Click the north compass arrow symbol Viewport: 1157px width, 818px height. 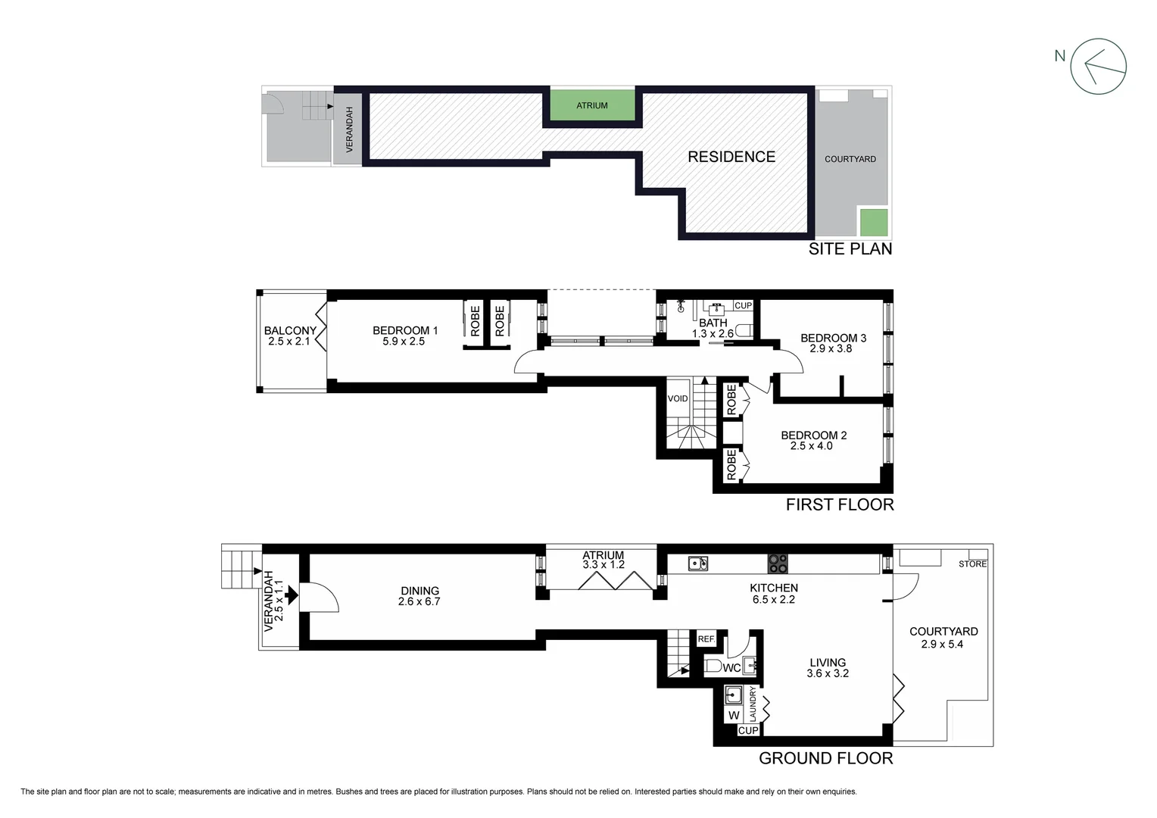tap(1098, 67)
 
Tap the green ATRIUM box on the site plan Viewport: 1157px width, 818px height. tap(592, 105)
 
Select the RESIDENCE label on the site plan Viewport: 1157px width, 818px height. tap(731, 157)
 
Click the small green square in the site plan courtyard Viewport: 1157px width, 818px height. tap(874, 222)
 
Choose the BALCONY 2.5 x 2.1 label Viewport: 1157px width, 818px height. tap(290, 336)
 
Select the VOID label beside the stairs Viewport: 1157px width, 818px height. tap(678, 398)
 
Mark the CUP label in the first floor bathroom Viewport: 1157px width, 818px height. tap(744, 306)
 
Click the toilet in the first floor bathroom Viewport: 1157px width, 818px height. tap(744, 330)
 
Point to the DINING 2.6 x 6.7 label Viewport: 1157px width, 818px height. tap(419, 596)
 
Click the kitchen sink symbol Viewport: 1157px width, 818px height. tap(698, 564)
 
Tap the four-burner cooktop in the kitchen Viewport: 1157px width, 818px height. tap(778, 564)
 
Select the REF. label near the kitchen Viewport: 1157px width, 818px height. tap(706, 639)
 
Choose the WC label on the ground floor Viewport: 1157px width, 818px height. tap(731, 668)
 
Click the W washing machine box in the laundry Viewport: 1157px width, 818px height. tap(733, 715)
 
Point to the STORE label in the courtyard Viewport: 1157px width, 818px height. tap(972, 564)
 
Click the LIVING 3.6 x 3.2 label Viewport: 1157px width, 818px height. tap(828, 667)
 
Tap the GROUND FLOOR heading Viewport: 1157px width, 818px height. tap(825, 758)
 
